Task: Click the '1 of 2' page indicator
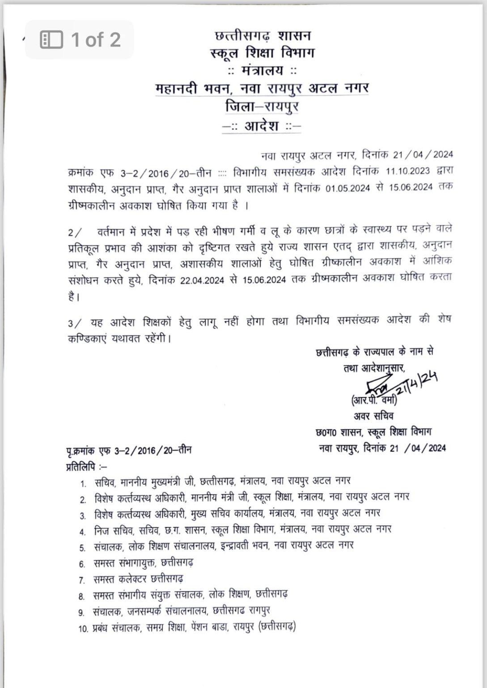pos(96,40)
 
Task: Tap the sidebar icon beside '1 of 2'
pos(52,40)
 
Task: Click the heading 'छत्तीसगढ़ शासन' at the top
pos(263,35)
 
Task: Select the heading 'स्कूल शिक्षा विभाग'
pos(262,53)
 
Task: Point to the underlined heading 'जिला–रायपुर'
pos(262,107)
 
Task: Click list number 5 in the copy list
pos(82,548)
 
